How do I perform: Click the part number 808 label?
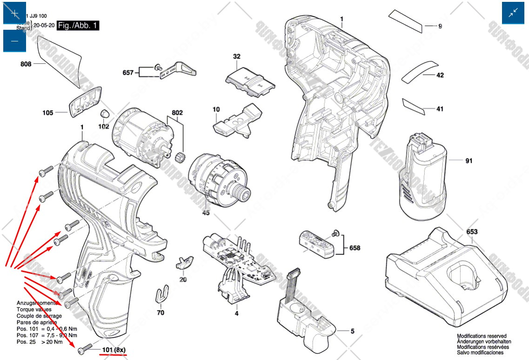pyautogui.click(x=26, y=64)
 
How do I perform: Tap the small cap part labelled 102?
pyautogui.click(x=104, y=114)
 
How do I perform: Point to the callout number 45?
pyautogui.click(x=206, y=213)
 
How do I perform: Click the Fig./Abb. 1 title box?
pyautogui.click(x=78, y=26)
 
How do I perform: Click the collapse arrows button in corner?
pyautogui.click(x=513, y=13)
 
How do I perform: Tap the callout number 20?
pyautogui.click(x=183, y=280)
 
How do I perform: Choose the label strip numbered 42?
pyautogui.click(x=440, y=75)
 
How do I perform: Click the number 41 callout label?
pyautogui.click(x=440, y=109)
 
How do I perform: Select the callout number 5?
pyautogui.click(x=353, y=331)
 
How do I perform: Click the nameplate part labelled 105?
pyautogui.click(x=48, y=112)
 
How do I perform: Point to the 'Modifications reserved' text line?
pyautogui.click(x=482, y=336)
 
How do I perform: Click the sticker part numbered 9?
pyautogui.click(x=440, y=27)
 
